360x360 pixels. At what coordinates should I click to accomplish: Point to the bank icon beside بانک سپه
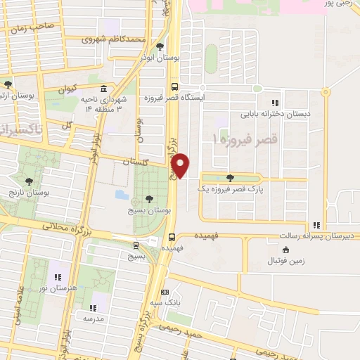click(x=165, y=292)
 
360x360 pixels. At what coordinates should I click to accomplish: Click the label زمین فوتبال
click(x=285, y=261)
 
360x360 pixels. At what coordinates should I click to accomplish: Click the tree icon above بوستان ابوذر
click(x=160, y=47)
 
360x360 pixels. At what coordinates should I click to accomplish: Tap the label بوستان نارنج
click(x=27, y=191)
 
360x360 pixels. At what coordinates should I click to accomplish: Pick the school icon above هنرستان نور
click(x=58, y=276)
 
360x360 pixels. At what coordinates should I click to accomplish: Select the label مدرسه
click(x=92, y=318)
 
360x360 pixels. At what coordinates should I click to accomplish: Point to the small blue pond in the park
click(x=121, y=193)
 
